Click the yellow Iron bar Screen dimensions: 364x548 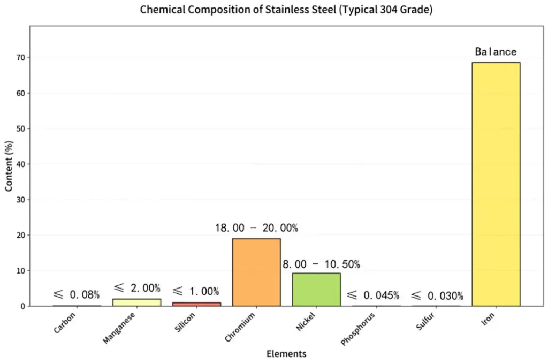(496, 184)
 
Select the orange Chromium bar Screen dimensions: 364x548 (256, 272)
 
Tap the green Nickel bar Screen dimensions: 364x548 (316, 290)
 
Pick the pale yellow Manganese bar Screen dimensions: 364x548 (136, 302)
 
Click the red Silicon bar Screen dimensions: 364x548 (196, 304)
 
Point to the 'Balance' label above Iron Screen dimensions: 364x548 (496, 52)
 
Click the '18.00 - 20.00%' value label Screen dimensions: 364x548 (256, 227)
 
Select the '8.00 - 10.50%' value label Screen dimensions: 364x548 (321, 264)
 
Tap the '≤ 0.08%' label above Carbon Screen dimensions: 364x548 (76, 294)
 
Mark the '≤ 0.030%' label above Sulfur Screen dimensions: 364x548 (437, 295)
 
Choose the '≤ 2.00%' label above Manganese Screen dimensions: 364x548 (136, 288)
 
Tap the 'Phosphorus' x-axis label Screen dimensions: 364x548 (358, 327)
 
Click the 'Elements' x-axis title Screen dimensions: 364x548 (286, 354)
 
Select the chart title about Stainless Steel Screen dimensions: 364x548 (286, 10)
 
